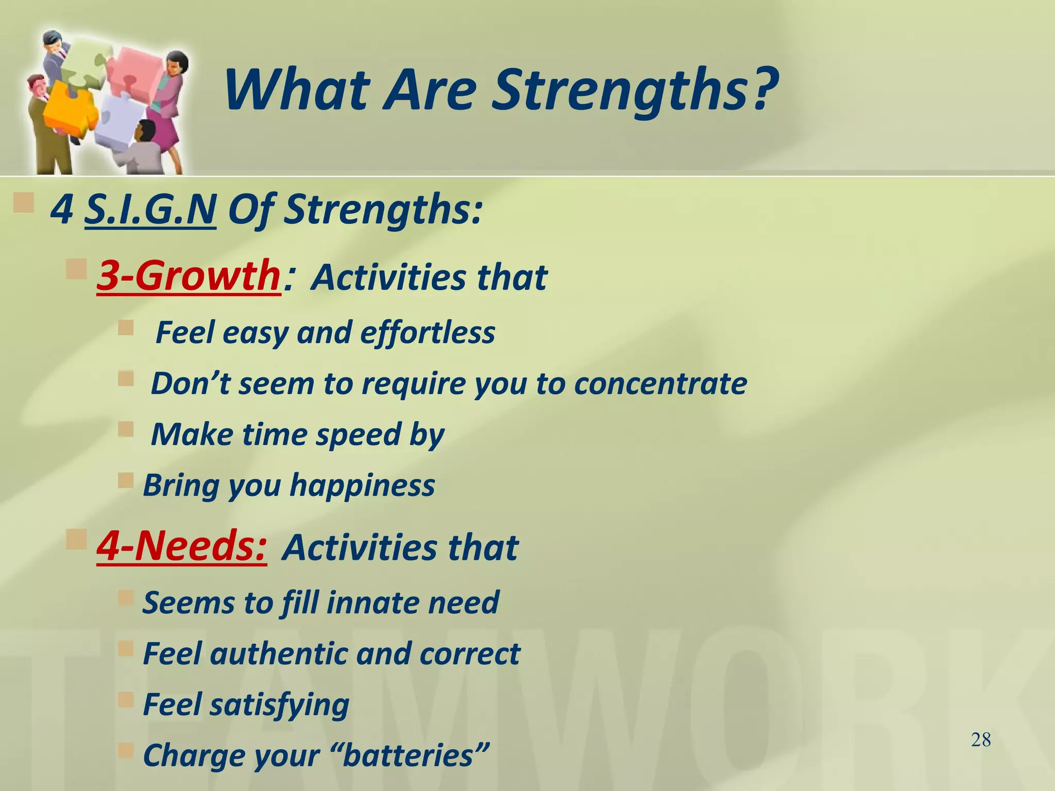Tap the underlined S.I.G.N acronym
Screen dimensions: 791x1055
pos(150,210)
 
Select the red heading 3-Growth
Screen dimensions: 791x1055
pos(189,276)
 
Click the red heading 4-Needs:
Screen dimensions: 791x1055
pos(182,546)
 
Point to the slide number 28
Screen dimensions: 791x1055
pos(981,740)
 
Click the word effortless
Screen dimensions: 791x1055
pos(428,333)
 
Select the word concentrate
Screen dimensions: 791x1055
pos(660,384)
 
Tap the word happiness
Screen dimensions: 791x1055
pos(363,486)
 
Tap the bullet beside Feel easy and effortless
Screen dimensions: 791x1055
pos(126,328)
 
